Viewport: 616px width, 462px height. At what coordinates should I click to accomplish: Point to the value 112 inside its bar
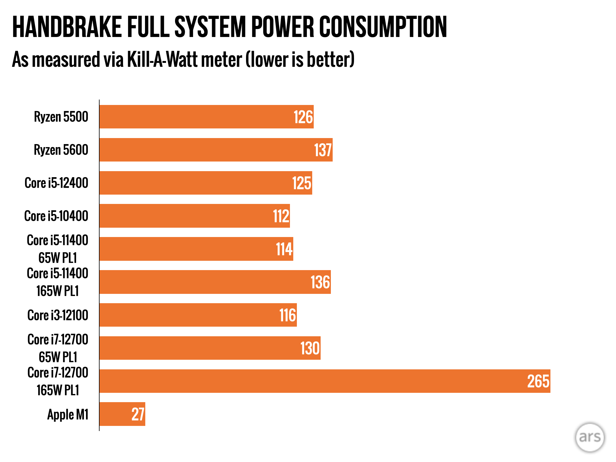[281, 216]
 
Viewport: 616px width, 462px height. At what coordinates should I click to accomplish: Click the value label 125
[302, 183]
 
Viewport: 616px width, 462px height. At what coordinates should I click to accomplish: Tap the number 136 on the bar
[320, 282]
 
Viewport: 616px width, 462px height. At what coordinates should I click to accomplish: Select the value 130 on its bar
[310, 348]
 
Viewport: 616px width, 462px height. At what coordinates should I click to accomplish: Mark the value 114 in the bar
[284, 249]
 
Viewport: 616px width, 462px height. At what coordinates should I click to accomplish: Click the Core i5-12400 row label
[57, 183]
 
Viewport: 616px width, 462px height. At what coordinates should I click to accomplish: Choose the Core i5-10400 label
[56, 216]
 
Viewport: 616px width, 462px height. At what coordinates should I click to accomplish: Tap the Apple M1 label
[68, 414]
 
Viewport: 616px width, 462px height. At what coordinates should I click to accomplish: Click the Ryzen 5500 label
[61, 117]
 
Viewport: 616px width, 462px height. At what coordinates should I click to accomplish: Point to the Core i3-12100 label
[58, 315]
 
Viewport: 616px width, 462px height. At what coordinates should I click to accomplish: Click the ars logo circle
[590, 437]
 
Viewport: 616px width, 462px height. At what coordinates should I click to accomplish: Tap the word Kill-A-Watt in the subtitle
[184, 59]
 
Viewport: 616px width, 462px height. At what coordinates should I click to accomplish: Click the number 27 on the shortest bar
[138, 414]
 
